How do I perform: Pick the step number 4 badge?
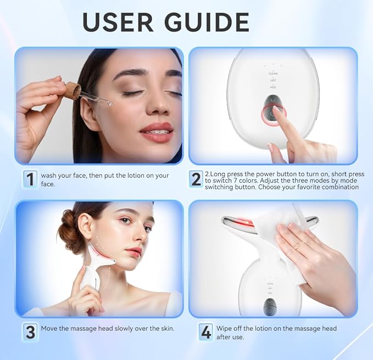(x=205, y=331)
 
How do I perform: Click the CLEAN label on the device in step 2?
(x=272, y=72)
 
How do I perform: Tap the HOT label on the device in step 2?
(x=272, y=80)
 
